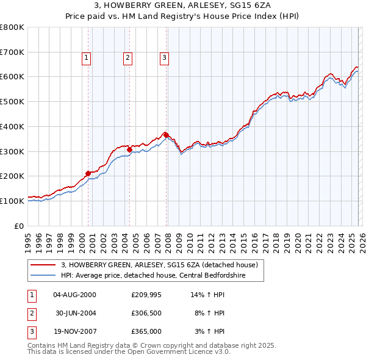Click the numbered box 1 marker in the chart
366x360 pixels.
click(x=87, y=58)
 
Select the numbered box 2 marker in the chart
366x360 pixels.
click(x=127, y=58)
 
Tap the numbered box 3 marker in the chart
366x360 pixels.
click(x=165, y=58)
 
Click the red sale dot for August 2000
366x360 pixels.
click(x=88, y=173)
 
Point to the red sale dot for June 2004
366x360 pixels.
click(x=129, y=149)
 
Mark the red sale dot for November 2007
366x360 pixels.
click(x=167, y=135)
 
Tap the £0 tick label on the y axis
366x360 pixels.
click(x=18, y=226)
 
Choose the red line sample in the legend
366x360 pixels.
click(x=43, y=265)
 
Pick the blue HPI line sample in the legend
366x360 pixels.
click(x=43, y=275)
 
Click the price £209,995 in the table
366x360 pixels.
click(x=145, y=294)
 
